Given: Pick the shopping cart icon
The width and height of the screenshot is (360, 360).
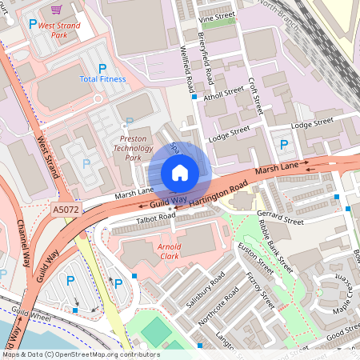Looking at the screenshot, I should [56, 10].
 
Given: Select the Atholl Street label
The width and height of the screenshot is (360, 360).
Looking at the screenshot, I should [224, 93].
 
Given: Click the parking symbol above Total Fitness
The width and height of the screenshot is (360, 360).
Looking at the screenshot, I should [102, 69].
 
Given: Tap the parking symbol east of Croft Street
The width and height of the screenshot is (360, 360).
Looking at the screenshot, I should [284, 145].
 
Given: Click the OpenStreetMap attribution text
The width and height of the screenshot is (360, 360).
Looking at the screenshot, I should [81, 354].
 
